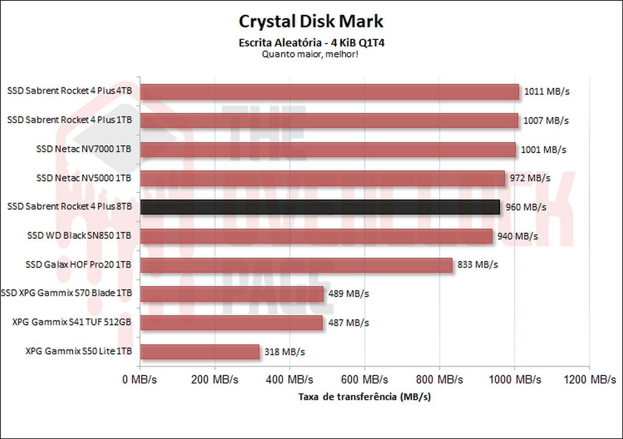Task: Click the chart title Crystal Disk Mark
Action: (311, 21)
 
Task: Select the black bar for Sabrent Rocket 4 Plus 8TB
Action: (320, 207)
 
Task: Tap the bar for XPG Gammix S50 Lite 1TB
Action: (200, 351)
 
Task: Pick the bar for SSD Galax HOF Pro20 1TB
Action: (296, 265)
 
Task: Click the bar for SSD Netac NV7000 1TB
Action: (328, 149)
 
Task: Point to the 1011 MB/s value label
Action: (547, 91)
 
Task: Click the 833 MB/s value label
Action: (478, 265)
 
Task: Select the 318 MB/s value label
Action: (285, 351)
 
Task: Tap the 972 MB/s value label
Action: (530, 178)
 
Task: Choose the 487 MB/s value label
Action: (348, 323)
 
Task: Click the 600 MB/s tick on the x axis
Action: (365, 380)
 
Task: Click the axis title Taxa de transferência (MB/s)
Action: (365, 397)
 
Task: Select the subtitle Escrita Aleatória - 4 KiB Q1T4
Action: (312, 43)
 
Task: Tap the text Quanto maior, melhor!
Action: (311, 54)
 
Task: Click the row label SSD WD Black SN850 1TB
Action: (79, 236)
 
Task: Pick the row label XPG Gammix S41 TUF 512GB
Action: (72, 322)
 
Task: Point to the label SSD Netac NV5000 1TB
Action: (84, 178)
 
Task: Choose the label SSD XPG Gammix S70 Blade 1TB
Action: (67, 293)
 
